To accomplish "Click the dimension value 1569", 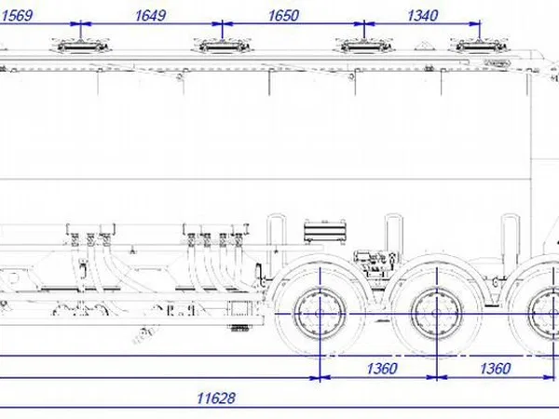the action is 17,16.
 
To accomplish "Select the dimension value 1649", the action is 150,16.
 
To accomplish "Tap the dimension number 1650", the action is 283,16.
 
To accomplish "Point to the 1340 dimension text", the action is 422,16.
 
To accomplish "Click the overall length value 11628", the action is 216,398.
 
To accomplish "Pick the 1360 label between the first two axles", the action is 381,369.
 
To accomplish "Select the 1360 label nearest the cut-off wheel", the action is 496,369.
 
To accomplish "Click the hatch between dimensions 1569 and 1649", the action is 81,46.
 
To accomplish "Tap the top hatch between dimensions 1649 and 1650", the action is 222,46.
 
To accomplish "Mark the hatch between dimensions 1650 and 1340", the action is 363,46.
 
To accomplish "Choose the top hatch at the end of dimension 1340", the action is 480,46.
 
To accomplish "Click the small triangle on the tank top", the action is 423,46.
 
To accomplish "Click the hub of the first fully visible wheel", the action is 320,314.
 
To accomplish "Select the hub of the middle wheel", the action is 436,314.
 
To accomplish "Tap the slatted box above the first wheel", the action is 325,231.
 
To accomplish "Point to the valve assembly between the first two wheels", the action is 375,263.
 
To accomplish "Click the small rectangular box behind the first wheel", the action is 240,308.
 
